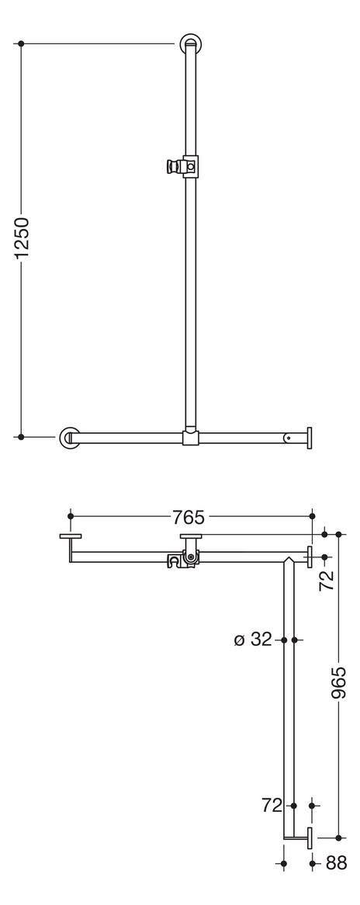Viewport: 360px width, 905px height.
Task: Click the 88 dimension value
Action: click(x=336, y=863)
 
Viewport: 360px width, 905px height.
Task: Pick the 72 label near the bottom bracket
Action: click(x=272, y=806)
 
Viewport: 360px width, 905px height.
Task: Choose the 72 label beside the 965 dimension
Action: click(x=328, y=578)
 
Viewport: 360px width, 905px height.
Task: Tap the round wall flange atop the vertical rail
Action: click(x=190, y=43)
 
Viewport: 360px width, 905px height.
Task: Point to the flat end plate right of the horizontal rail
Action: click(x=310, y=438)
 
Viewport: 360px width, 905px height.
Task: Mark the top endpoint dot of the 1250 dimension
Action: click(x=21, y=43)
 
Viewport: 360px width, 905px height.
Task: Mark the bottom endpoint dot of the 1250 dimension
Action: click(x=21, y=437)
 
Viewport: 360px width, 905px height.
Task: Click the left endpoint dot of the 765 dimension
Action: click(x=71, y=515)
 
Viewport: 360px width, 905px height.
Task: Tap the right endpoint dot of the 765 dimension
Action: click(x=312, y=515)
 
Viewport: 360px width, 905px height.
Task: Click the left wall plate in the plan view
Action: click(x=71, y=536)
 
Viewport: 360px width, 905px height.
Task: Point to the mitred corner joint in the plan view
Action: click(x=289, y=558)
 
